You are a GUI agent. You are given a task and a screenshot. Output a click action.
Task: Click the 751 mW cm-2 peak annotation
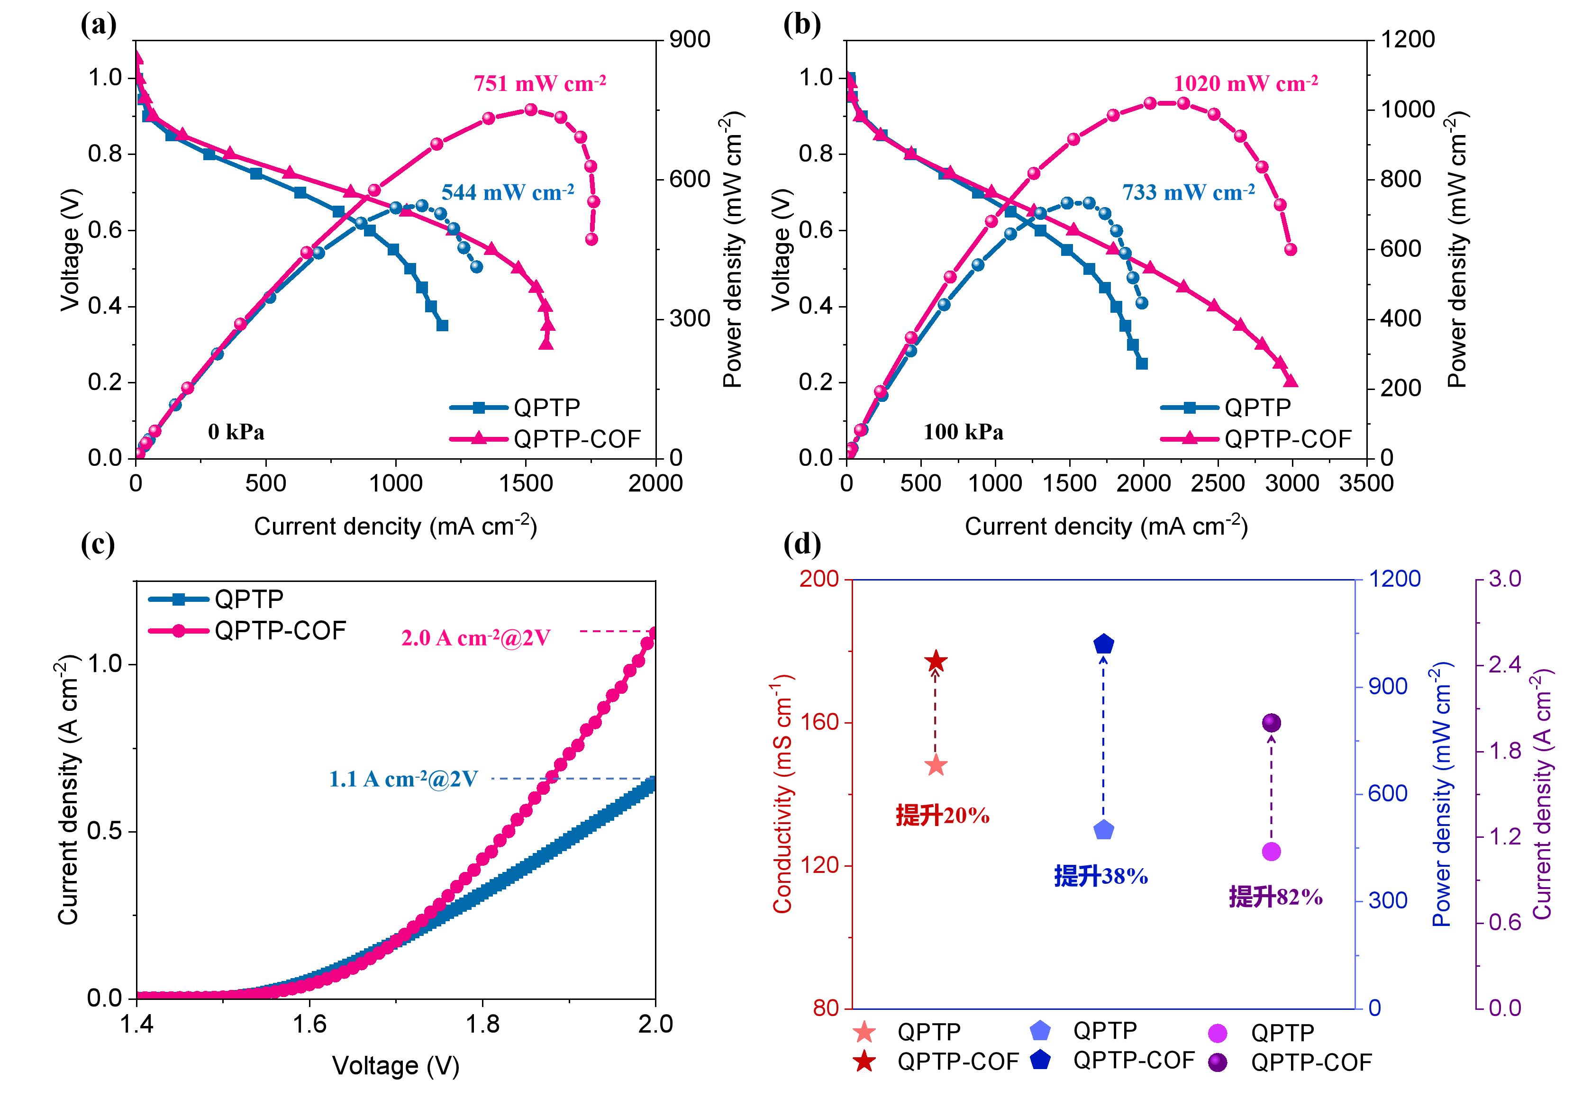click(x=539, y=84)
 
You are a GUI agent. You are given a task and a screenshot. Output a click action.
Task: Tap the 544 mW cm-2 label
click(x=507, y=192)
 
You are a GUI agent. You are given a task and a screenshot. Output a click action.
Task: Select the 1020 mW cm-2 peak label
click(x=1245, y=84)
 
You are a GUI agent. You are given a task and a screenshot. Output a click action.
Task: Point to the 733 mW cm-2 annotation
click(x=1188, y=192)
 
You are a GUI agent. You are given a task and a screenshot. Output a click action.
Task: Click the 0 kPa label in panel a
click(x=236, y=432)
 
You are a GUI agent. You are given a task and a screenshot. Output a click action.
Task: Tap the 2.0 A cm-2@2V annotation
click(x=475, y=638)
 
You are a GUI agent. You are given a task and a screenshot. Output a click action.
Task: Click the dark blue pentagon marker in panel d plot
click(x=1103, y=644)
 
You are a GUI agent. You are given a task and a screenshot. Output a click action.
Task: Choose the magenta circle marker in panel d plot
click(x=1271, y=852)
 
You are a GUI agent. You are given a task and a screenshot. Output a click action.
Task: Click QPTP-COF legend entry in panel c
click(x=279, y=631)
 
